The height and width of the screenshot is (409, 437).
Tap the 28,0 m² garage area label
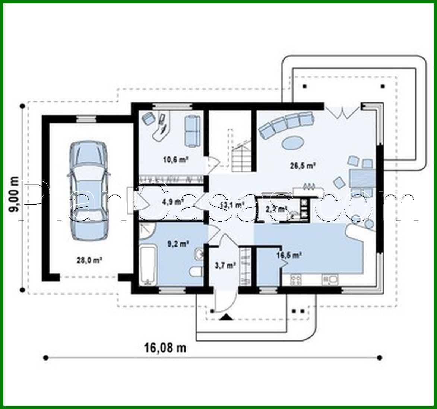coord(90,261)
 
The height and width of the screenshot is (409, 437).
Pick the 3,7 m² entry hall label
coord(225,266)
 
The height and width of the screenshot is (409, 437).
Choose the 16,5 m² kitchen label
coord(289,255)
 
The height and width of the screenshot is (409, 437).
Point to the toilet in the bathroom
coord(195,272)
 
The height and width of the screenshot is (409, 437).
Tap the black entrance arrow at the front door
coord(226,317)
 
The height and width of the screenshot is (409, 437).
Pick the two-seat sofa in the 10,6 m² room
coord(192,130)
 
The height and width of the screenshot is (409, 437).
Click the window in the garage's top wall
coord(86,119)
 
